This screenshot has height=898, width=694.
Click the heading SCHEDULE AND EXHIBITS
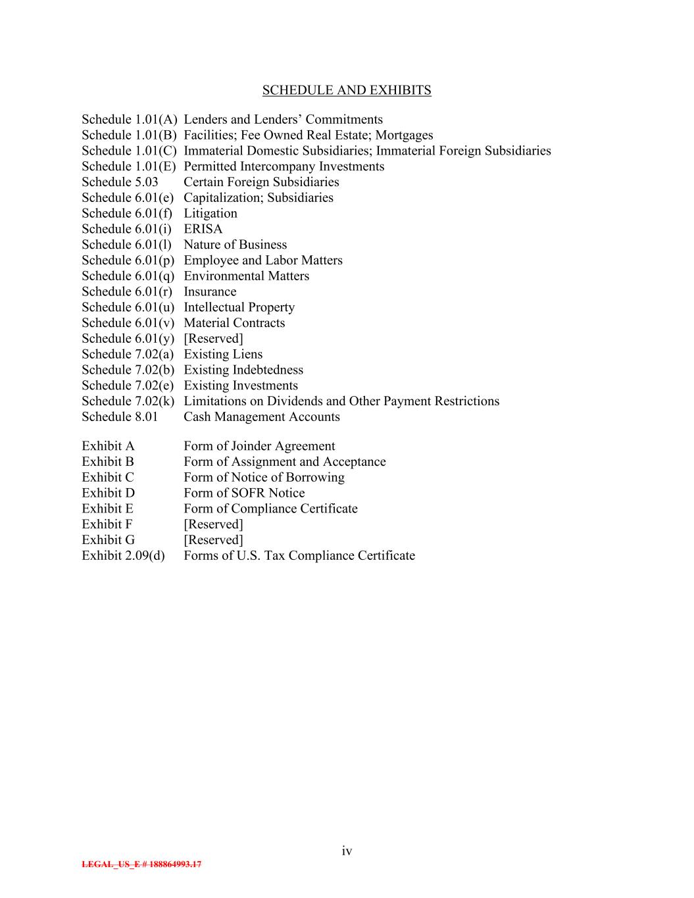(x=347, y=90)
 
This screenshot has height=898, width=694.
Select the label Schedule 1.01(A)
(x=130, y=119)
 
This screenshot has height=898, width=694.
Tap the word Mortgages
(x=404, y=135)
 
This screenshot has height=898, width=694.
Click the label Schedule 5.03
(x=120, y=182)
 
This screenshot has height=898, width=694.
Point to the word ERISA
(x=203, y=229)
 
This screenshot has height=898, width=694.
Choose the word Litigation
(x=210, y=213)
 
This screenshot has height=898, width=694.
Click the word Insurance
(x=210, y=291)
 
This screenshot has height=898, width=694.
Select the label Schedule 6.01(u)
(x=128, y=307)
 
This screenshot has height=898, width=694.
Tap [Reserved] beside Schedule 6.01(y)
(x=213, y=338)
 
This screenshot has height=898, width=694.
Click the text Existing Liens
(x=222, y=354)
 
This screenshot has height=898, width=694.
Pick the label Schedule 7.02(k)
(x=128, y=401)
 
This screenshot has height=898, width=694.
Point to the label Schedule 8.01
(x=120, y=416)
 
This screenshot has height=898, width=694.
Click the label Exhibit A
(x=108, y=446)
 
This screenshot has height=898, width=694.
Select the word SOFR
(x=248, y=493)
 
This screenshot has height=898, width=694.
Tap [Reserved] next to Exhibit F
(x=213, y=524)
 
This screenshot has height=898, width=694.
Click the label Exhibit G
(x=108, y=539)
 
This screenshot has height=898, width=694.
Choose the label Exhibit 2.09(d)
(x=123, y=555)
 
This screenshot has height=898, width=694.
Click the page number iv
(x=347, y=851)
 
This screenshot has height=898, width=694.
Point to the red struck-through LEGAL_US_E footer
(x=141, y=864)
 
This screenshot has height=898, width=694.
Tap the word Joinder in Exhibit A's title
(x=251, y=446)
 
